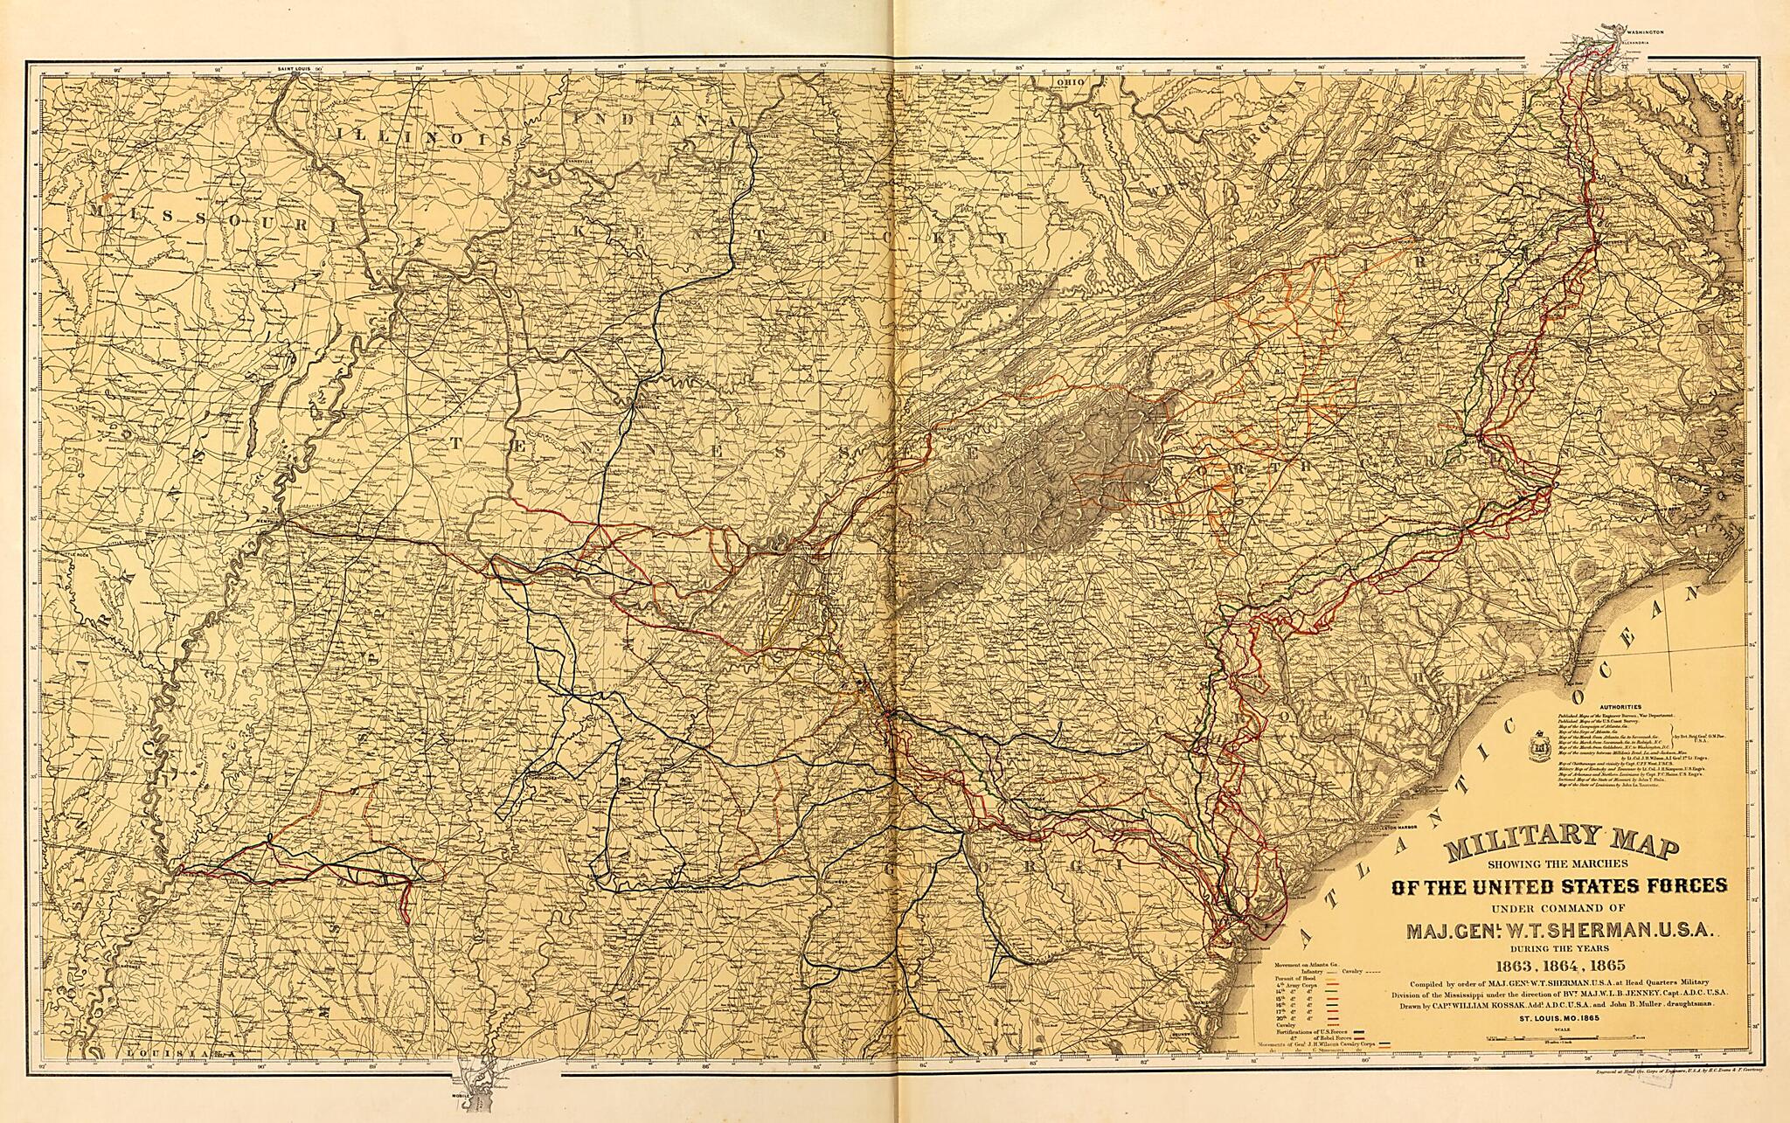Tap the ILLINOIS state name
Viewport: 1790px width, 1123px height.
pyautogui.click(x=389, y=135)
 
